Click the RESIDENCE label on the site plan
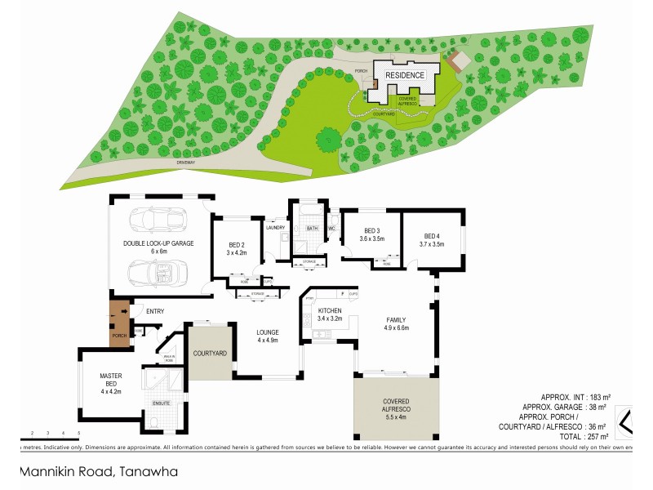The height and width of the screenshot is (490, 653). coord(405,75)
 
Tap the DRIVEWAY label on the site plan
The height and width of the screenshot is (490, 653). coord(186,163)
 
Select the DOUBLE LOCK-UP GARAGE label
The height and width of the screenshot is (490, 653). coord(158,243)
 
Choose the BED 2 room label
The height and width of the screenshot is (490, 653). coord(237,245)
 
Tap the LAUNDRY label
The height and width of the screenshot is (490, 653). coord(275,228)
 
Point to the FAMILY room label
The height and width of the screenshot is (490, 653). coord(396,319)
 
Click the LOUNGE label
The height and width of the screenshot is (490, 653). coord(268,332)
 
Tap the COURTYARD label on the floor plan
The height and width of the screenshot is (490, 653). coord(209,353)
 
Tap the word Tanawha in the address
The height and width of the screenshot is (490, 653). coord(148,471)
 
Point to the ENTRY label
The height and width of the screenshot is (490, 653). coord(155,310)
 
